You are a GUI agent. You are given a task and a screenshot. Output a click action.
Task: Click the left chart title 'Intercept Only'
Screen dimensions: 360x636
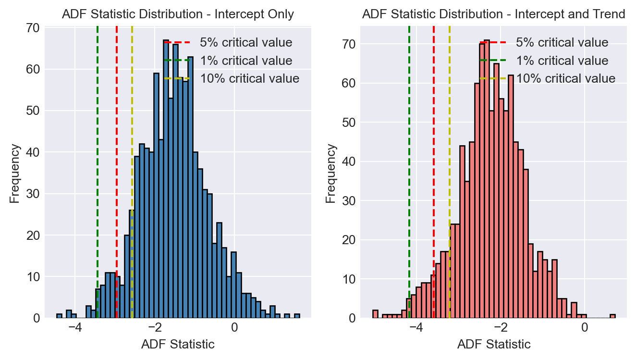click(178, 14)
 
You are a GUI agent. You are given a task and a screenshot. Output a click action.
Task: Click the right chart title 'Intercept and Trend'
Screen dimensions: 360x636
click(494, 14)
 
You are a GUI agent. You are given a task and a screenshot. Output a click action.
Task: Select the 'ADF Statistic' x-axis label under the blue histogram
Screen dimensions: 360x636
click(178, 344)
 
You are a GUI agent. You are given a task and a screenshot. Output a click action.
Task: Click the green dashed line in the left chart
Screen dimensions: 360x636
click(98, 144)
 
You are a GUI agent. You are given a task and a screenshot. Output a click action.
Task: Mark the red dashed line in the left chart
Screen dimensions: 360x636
click(117, 144)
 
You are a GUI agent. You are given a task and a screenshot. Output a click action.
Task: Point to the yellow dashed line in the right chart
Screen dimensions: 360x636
click(450, 144)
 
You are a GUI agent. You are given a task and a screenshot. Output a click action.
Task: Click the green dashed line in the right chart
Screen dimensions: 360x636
click(409, 144)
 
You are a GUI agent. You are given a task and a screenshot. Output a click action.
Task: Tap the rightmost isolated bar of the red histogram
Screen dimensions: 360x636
click(612, 316)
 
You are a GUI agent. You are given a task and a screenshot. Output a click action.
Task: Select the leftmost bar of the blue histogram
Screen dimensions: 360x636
click(59, 316)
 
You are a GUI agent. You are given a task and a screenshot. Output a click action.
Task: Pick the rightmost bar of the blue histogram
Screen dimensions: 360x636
click(297, 316)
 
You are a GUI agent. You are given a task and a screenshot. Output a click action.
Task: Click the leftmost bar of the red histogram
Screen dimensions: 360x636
click(375, 314)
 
